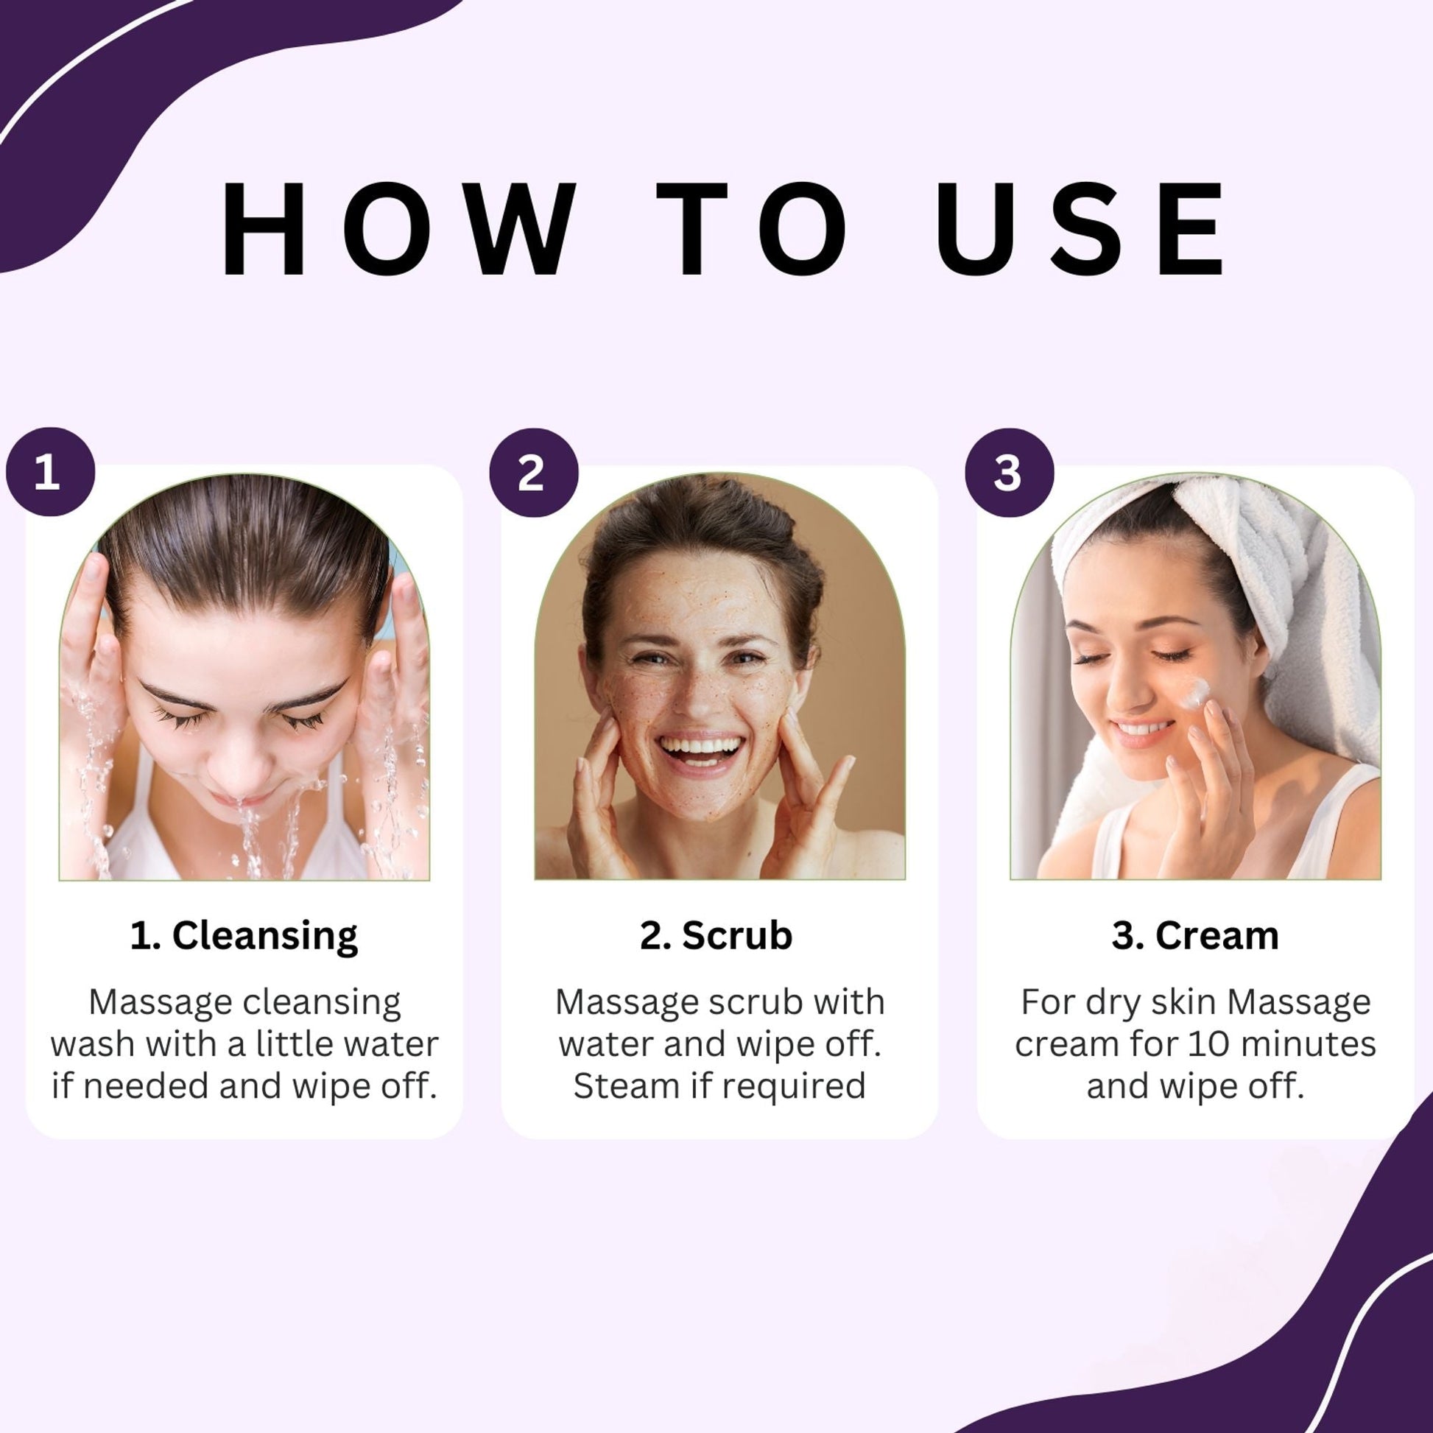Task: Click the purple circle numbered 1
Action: click(50, 473)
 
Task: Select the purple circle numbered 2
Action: click(533, 473)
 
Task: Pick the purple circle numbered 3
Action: click(1009, 473)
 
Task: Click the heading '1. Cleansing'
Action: click(244, 936)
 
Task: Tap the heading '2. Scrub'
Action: click(716, 935)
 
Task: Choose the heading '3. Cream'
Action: click(1196, 935)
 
